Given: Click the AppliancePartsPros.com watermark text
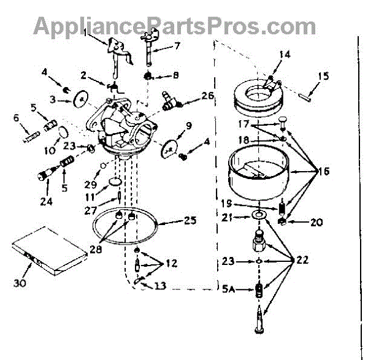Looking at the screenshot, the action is tap(174, 25).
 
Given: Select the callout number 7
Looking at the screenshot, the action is tap(177, 45).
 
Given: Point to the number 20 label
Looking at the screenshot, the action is tap(316, 223).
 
